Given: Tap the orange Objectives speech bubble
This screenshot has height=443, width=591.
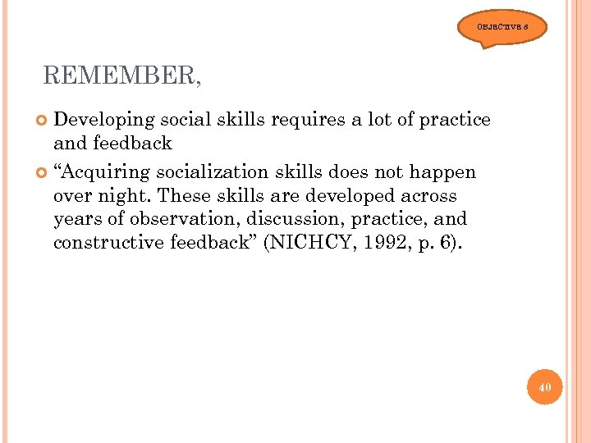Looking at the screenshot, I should tap(502, 28).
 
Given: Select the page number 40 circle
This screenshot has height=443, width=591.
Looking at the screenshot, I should tap(545, 386).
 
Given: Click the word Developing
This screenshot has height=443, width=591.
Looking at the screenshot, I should tap(104, 120).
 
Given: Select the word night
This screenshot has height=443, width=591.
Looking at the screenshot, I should tap(125, 196).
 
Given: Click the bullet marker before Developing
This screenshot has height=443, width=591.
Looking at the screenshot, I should tap(43, 121).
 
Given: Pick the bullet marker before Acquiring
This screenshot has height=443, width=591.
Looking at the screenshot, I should tap(43, 173).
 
